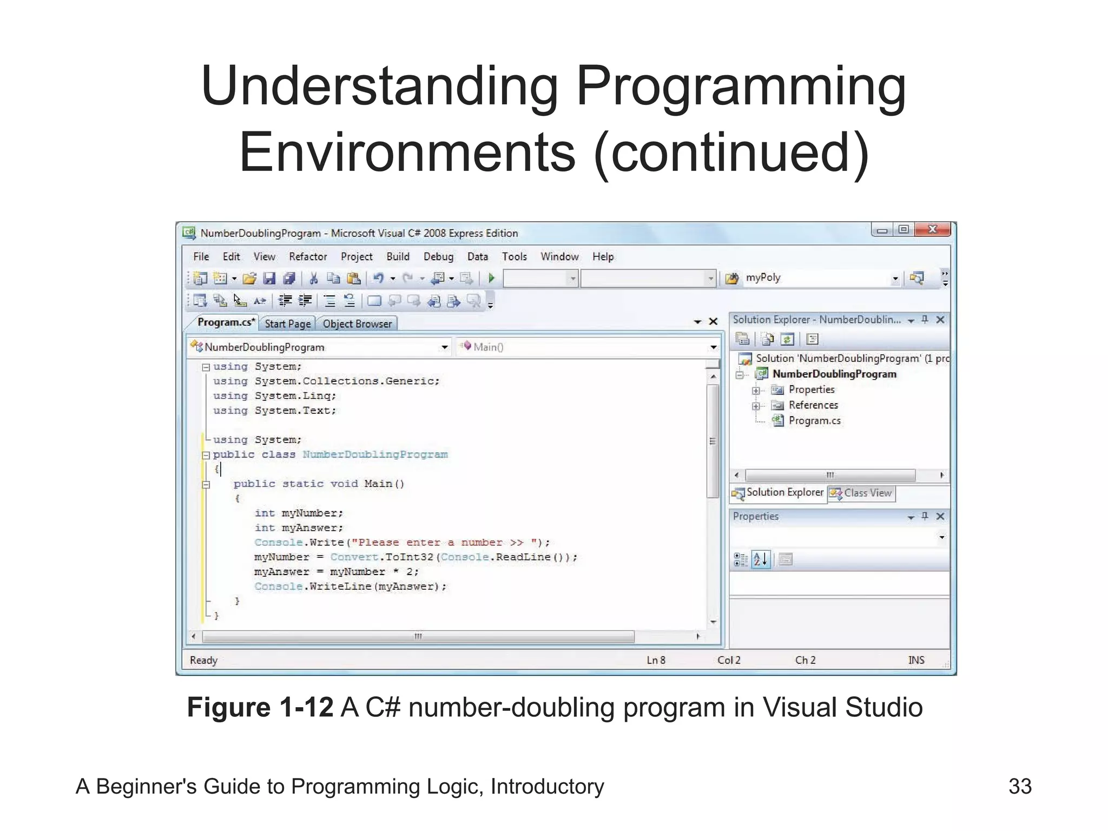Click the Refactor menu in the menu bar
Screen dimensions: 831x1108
click(307, 256)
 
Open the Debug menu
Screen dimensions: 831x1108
click(438, 256)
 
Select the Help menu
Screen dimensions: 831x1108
click(603, 256)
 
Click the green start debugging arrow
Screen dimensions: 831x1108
click(491, 278)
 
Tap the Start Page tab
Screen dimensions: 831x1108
click(287, 324)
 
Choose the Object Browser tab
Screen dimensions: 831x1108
click(357, 324)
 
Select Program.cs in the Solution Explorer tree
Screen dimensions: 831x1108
click(814, 421)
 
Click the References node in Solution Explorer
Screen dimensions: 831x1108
click(813, 405)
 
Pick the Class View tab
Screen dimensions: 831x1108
click(867, 493)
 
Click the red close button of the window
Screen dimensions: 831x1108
click(932, 229)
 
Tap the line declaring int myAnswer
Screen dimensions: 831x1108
click(299, 528)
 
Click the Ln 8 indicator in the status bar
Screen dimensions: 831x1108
click(656, 660)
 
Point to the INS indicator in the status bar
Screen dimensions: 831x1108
click(916, 660)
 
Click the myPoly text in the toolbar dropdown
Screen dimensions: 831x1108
click(763, 278)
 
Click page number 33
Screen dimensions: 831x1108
click(1020, 786)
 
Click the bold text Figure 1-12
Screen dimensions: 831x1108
click(260, 707)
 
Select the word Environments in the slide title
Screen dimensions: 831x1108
click(407, 153)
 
